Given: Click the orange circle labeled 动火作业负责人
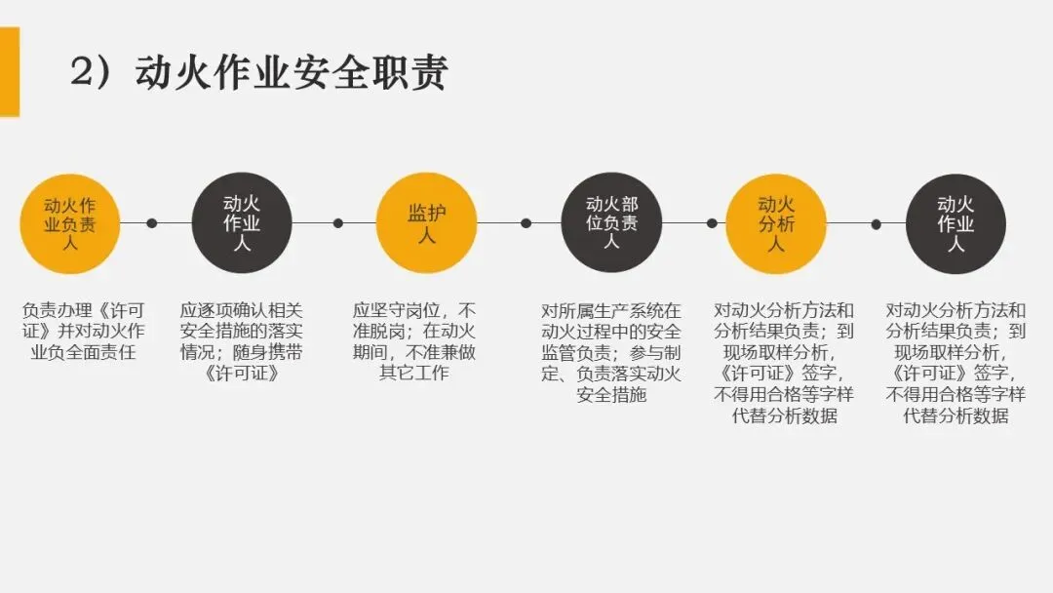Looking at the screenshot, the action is point(70,223).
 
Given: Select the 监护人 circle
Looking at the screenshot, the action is point(426,223).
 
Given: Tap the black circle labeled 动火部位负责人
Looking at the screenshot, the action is point(611,223).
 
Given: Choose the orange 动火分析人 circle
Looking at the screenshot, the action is point(776,223).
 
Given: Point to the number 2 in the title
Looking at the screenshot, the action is point(82,74).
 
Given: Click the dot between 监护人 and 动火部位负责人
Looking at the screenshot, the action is point(526,223).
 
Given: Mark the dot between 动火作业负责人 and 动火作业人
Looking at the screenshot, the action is point(151,223).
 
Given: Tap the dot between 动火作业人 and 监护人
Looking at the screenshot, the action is point(338,223).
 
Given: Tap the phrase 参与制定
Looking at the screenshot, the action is point(651,352).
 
